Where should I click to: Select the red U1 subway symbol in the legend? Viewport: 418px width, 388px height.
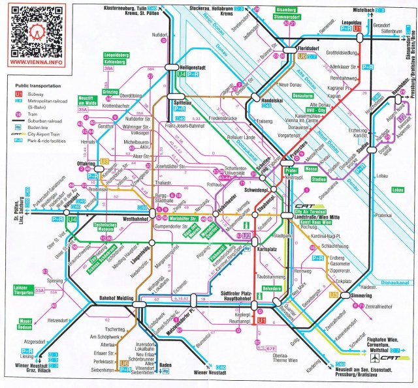[18, 93]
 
